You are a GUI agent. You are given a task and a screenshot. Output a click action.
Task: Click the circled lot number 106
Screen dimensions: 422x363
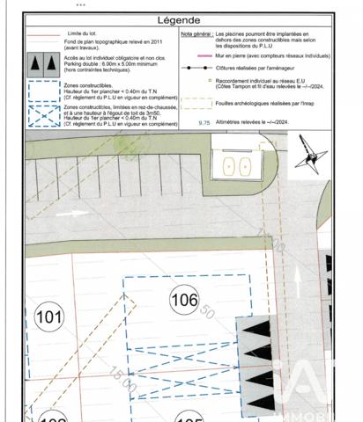pos(183,301)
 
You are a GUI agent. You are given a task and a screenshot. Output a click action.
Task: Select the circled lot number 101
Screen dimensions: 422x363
pos(50,316)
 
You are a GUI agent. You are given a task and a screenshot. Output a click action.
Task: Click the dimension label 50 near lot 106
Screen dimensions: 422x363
pos(208,313)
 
